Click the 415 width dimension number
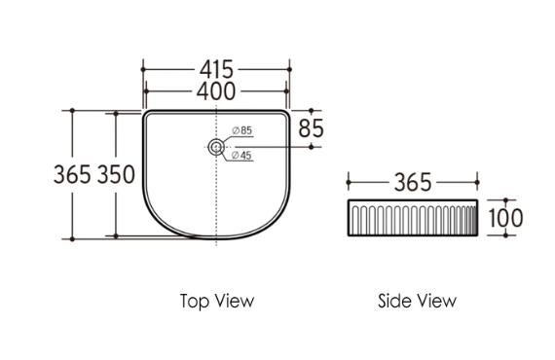pyautogui.click(x=216, y=69)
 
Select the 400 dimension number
pyautogui.click(x=216, y=91)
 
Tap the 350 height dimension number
pyautogui.click(x=116, y=174)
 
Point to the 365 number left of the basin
pyautogui.click(x=72, y=174)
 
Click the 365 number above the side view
pyautogui.click(x=413, y=183)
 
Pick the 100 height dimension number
pyautogui.click(x=505, y=218)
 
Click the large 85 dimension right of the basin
pyautogui.click(x=312, y=128)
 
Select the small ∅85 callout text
pyautogui.click(x=242, y=130)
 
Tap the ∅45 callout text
pyautogui.click(x=241, y=156)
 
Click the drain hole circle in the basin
pyautogui.click(x=216, y=147)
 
